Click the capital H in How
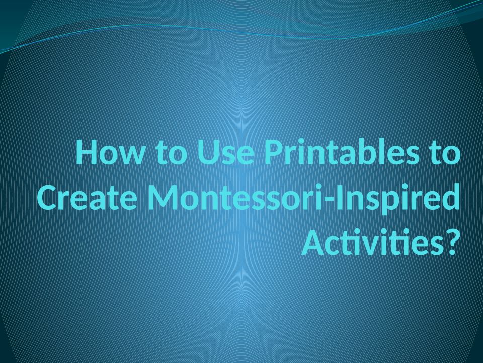(88, 152)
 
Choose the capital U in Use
(208, 152)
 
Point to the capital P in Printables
(274, 152)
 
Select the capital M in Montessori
(163, 197)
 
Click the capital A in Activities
(313, 243)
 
